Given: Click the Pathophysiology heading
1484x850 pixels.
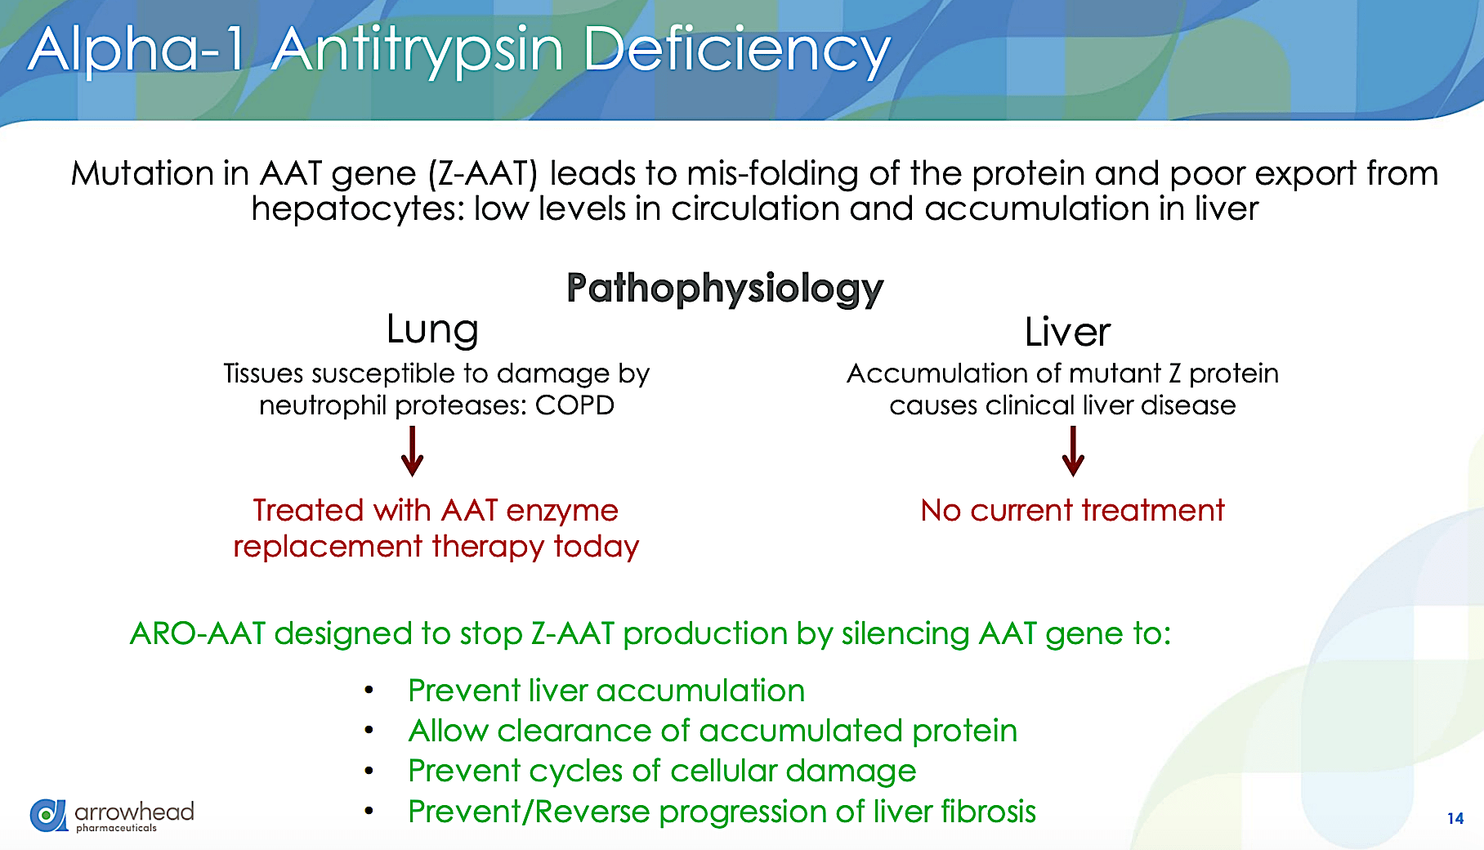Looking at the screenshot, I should point(725,289).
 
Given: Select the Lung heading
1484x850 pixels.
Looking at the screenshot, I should point(432,330).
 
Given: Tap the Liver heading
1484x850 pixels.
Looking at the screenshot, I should point(1067,332).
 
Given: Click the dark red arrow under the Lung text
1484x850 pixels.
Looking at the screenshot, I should point(413,451).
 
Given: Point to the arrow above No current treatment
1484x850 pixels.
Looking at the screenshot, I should point(1073,451).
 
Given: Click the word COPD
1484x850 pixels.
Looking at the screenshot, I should point(574,405).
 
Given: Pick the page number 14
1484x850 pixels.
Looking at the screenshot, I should point(1455,818).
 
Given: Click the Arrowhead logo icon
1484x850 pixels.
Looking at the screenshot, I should point(48,815).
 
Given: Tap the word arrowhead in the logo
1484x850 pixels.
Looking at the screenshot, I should point(134,812).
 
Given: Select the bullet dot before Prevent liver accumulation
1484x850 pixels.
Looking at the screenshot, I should point(369,691).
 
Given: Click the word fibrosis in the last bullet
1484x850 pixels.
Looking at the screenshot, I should point(988,812).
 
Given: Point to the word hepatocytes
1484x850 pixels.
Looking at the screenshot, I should point(356,209).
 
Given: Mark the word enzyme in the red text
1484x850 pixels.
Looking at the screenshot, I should point(562,511).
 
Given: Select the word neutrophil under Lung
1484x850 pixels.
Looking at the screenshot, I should point(323,405).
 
